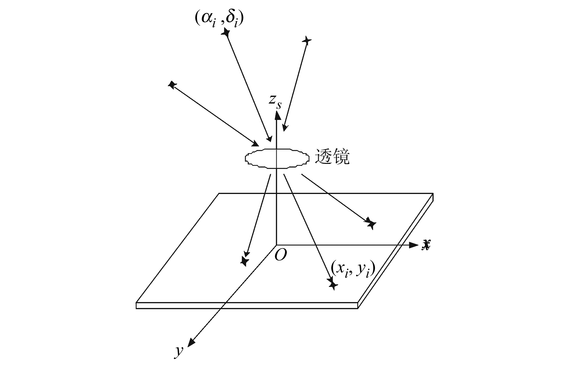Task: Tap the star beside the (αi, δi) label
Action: [x=226, y=32]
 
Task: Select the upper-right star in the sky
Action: [x=306, y=41]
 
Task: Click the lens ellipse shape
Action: [x=277, y=158]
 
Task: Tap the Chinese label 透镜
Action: [x=332, y=157]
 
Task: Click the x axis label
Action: [x=426, y=245]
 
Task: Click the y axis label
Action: [x=179, y=351]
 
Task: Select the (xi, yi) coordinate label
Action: [x=353, y=268]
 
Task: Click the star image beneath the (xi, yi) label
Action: [x=333, y=284]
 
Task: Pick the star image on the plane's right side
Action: [x=371, y=223]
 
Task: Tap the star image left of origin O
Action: [x=244, y=261]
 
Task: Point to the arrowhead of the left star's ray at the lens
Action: [x=256, y=144]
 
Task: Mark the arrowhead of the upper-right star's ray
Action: [x=285, y=127]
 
